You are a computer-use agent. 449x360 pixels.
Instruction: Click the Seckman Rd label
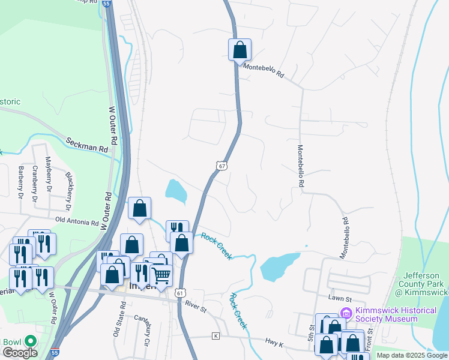pos(87,143)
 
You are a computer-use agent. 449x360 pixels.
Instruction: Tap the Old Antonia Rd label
pos(76,221)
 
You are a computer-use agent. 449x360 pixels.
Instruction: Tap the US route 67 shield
pos(222,166)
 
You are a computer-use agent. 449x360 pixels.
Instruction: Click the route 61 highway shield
pos(181,292)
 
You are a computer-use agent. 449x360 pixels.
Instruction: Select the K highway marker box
pos(215,336)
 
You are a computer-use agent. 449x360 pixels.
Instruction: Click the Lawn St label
pos(339,298)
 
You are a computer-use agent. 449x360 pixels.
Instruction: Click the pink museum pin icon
pos(346,313)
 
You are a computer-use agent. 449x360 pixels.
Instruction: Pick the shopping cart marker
pos(161,275)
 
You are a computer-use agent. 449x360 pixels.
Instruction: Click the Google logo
pos(20,353)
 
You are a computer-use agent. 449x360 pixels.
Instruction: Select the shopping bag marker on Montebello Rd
pos(240,50)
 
